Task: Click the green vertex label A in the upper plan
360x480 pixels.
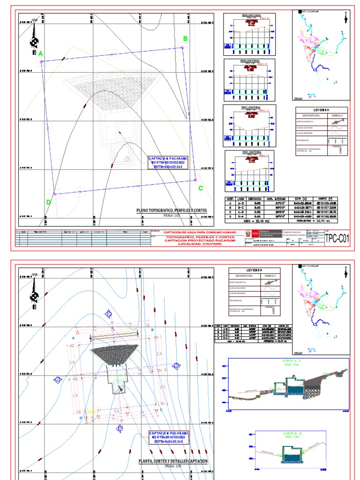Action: (x=40, y=54)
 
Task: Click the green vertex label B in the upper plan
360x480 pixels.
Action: (x=185, y=39)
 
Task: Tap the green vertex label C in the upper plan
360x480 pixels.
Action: (x=201, y=188)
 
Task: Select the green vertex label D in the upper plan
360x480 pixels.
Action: (x=48, y=202)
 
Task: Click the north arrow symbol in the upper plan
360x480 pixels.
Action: (x=34, y=40)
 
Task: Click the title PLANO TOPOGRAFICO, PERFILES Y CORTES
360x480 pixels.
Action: (x=171, y=211)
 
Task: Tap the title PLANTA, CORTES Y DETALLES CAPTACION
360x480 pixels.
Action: (x=172, y=462)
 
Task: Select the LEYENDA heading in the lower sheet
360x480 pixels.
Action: (x=255, y=270)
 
